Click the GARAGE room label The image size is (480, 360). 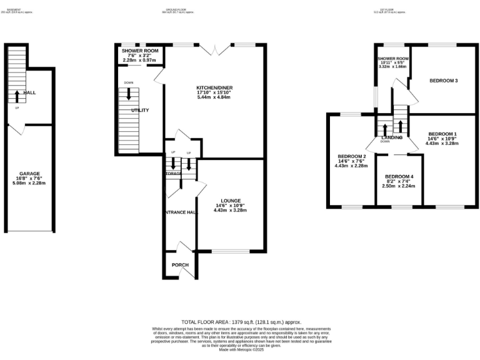click(30, 173)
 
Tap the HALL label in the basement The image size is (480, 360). click(29, 92)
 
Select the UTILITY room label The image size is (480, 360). click(140, 110)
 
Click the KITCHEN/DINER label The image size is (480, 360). click(214, 88)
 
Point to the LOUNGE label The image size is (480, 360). click(230, 201)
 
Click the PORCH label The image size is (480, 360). click(180, 265)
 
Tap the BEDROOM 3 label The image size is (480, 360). click(443, 81)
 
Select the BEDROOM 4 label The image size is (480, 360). click(399, 176)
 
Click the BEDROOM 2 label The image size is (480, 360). click(351, 156)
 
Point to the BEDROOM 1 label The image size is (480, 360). click(442, 134)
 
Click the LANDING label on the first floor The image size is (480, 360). click(392, 137)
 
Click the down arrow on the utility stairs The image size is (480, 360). click(129, 94)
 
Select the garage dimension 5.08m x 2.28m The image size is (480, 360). click(30, 183)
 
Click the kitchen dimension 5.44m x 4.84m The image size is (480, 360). click(214, 98)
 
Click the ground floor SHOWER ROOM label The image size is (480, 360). click(140, 50)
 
